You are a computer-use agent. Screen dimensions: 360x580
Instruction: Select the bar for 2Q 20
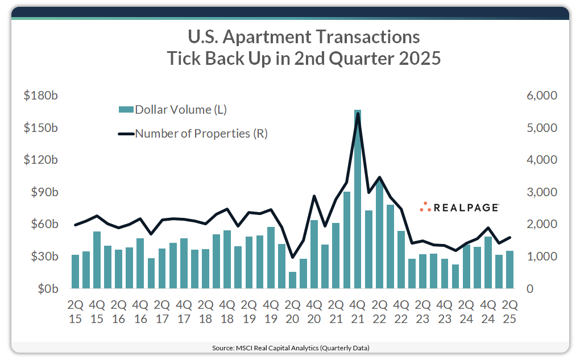click(x=292, y=280)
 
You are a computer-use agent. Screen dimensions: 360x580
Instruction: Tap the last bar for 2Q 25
click(x=510, y=270)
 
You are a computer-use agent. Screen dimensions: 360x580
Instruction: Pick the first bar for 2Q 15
click(x=75, y=271)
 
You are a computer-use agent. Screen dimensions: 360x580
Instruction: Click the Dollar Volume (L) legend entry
click(x=176, y=110)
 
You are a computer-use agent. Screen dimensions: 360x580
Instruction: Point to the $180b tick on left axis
click(x=40, y=96)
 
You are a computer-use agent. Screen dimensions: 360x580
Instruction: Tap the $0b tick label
click(x=45, y=289)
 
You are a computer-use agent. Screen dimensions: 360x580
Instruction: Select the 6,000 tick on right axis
click(x=541, y=96)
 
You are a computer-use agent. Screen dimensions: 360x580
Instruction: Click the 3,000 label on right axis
click(x=541, y=192)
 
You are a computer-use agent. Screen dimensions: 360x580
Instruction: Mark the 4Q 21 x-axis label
click(x=358, y=311)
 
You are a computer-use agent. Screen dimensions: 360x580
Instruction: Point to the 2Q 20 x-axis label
click(x=292, y=311)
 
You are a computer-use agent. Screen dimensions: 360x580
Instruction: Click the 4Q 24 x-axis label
click(x=488, y=311)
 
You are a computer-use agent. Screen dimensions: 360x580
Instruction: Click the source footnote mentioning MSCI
click(x=290, y=347)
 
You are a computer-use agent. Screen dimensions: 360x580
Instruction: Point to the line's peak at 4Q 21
click(x=358, y=114)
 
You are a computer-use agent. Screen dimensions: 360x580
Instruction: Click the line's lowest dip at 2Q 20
click(x=292, y=257)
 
